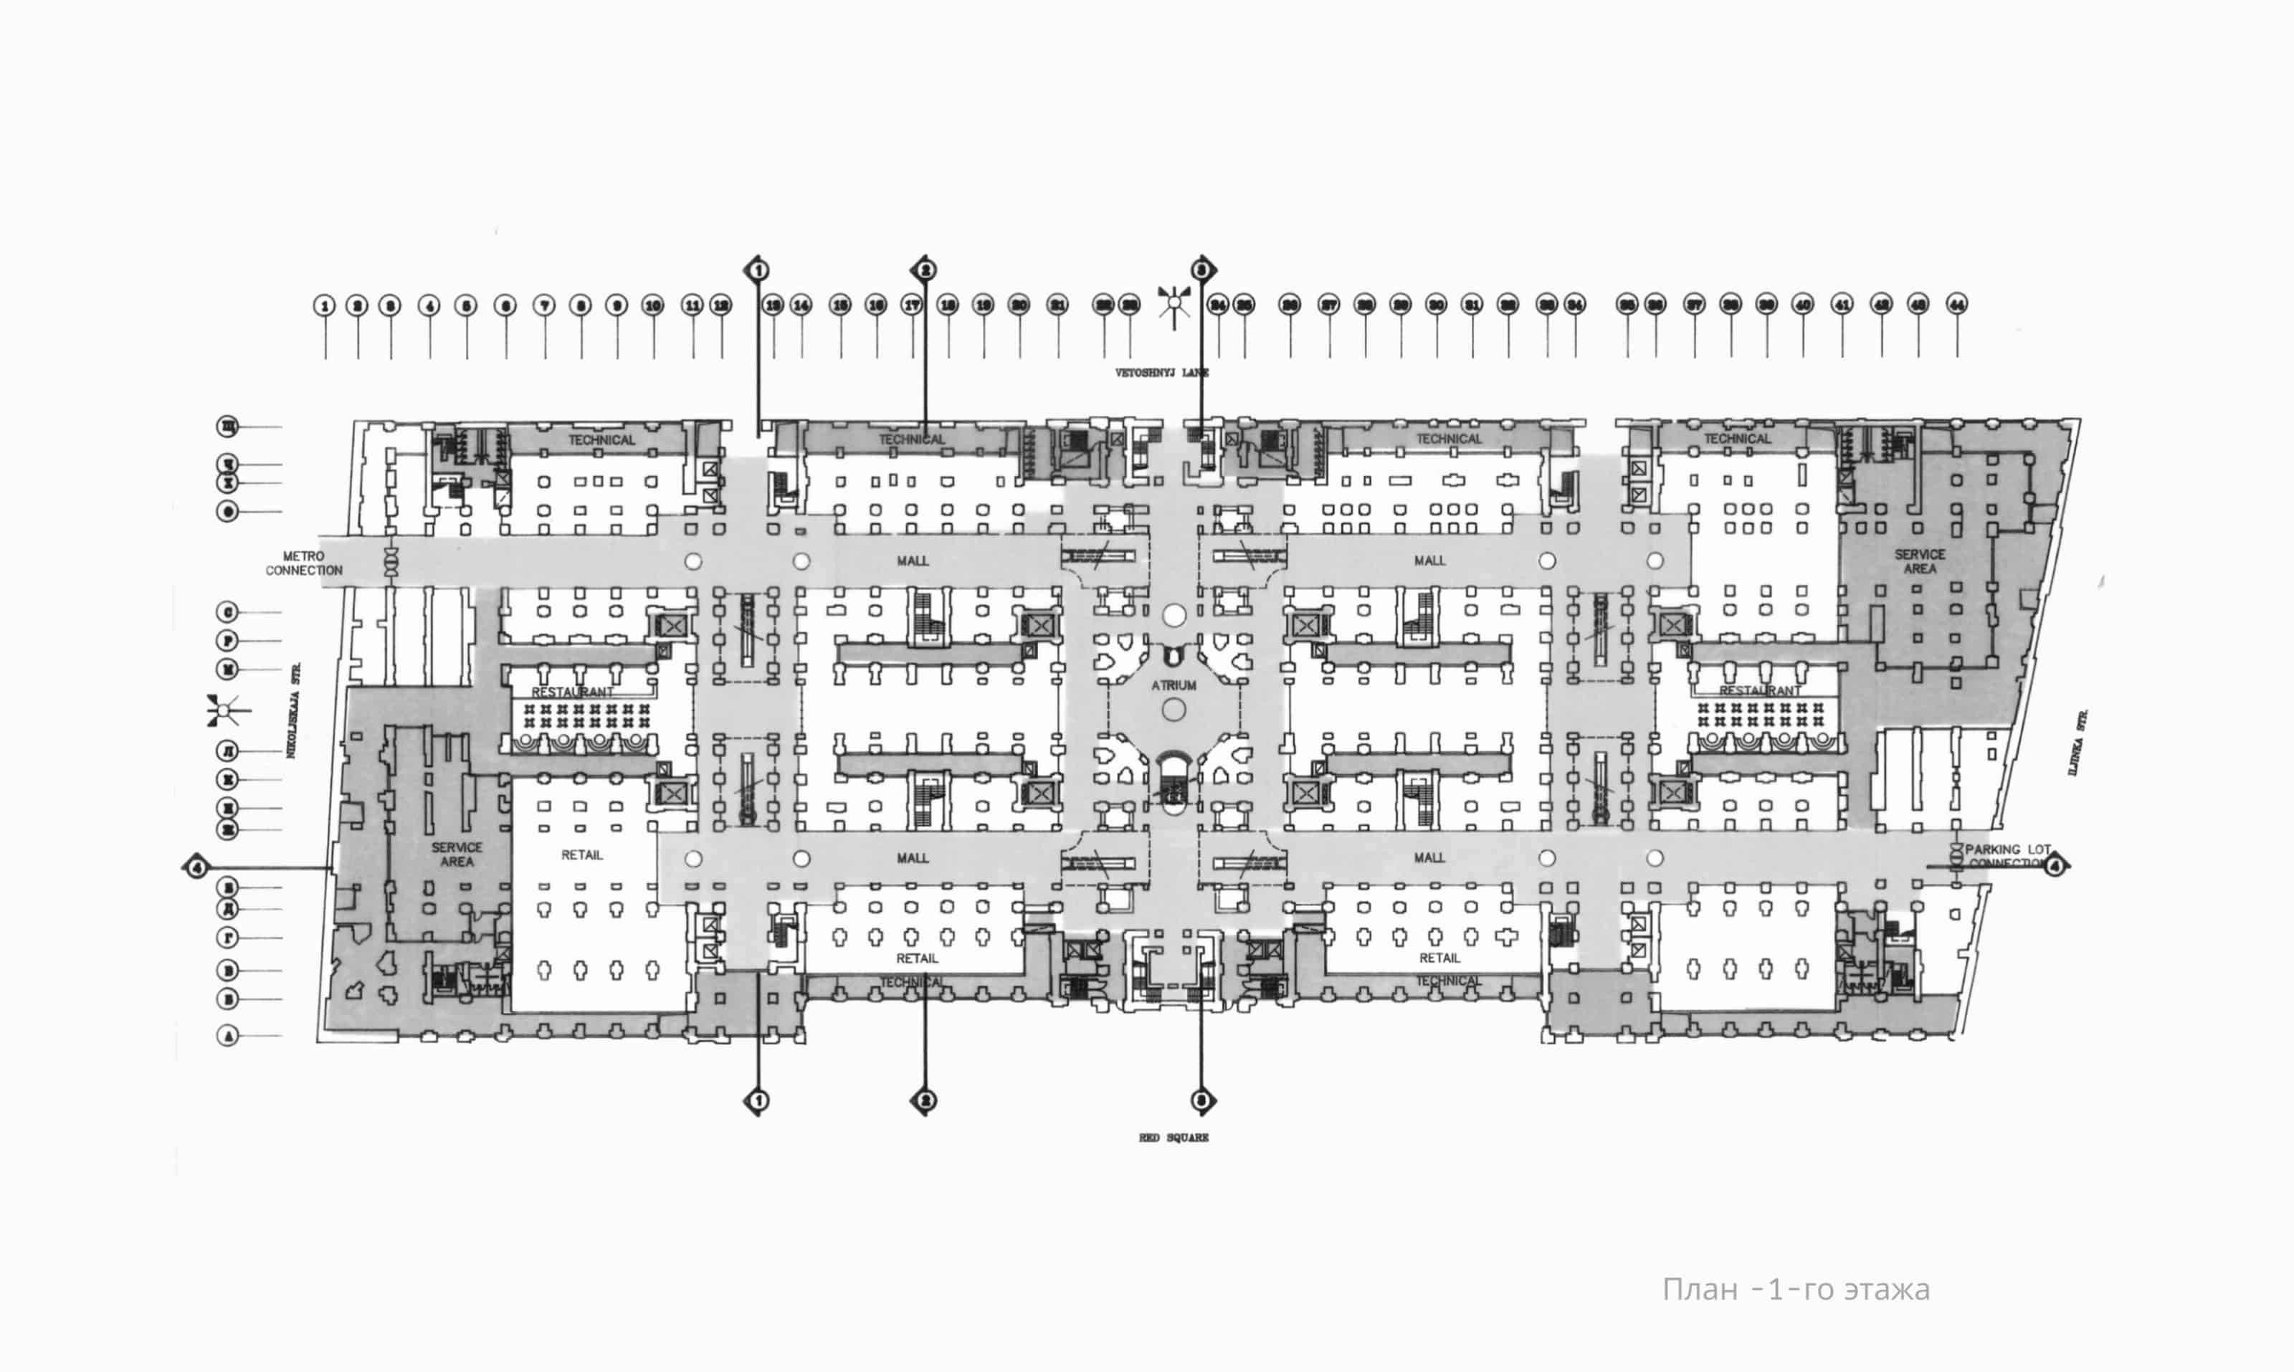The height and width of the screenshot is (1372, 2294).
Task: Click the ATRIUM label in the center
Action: click(1174, 685)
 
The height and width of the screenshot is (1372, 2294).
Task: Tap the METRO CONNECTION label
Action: click(303, 563)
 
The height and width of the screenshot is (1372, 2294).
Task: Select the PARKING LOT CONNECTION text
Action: click(2007, 856)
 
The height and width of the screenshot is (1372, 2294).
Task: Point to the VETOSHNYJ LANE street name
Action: click(1161, 373)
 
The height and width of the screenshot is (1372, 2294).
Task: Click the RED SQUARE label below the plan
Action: click(1174, 1137)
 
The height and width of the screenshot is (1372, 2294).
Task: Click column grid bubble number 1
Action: click(323, 305)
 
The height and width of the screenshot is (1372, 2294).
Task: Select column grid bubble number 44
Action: click(1956, 303)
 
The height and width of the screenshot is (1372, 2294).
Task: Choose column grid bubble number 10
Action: click(653, 305)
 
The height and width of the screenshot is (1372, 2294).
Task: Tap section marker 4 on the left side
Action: click(196, 867)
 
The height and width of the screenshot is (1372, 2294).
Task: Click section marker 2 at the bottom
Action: click(924, 1100)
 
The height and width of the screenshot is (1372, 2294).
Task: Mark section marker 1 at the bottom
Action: click(757, 1100)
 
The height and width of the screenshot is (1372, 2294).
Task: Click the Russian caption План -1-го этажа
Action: click(1796, 1289)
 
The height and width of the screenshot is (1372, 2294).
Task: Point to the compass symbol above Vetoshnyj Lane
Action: click(1174, 302)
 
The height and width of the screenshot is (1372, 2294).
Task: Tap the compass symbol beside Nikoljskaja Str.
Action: click(226, 711)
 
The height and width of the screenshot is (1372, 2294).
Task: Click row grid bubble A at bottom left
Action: click(227, 1036)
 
